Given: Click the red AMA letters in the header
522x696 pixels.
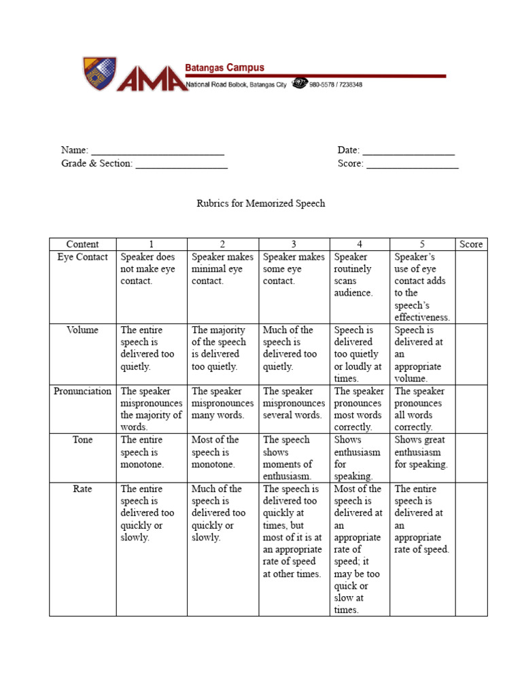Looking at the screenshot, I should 150,77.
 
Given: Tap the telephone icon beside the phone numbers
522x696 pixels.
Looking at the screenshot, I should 299,84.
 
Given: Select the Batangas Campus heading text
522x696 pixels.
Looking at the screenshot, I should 225,68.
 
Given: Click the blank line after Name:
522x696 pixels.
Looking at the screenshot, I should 158,151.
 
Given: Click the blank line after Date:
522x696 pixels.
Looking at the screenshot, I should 408,151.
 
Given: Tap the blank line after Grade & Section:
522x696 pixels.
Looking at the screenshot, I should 181,164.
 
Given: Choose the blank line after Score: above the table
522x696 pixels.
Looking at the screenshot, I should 413,164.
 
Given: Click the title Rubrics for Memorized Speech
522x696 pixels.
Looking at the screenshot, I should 261,203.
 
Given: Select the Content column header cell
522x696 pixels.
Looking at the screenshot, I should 82,244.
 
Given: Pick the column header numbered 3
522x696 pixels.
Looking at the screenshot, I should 294,244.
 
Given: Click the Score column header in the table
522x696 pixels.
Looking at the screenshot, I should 471,244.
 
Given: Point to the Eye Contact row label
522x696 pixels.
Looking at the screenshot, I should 82,257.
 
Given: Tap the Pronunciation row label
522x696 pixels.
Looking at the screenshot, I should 82,391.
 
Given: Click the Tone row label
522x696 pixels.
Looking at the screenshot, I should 82,440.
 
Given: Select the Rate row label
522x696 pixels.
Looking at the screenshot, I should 82,489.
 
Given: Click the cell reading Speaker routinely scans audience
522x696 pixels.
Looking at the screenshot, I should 359,275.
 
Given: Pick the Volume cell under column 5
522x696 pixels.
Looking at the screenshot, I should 421,354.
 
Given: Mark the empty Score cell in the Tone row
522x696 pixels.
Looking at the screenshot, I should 471,458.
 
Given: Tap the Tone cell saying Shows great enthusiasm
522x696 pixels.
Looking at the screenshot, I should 421,452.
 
